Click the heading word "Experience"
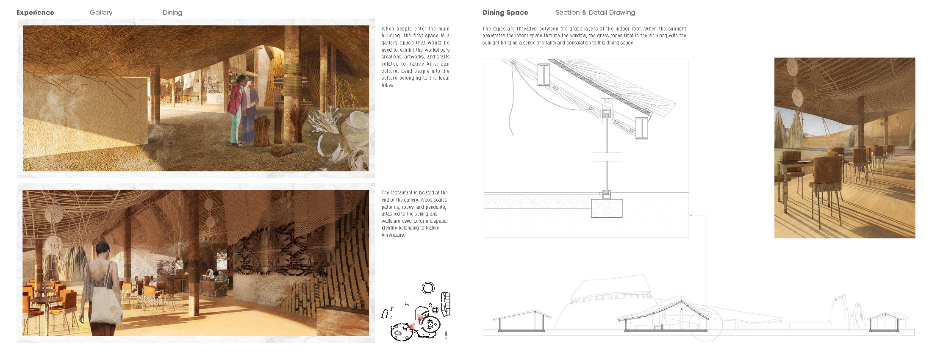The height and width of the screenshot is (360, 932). [x=35, y=13]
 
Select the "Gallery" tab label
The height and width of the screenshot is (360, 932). [x=101, y=13]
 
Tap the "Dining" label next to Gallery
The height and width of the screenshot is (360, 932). [x=172, y=13]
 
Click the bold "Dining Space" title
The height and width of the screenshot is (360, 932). [x=505, y=13]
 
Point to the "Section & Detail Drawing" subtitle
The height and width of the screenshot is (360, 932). [x=595, y=13]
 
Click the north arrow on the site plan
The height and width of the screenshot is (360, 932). [x=446, y=335]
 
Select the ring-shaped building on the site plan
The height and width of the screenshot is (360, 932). [x=428, y=288]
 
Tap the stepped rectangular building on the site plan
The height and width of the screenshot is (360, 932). [x=445, y=302]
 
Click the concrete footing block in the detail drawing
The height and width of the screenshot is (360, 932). [x=606, y=208]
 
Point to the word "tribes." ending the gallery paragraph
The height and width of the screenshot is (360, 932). [x=388, y=85]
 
